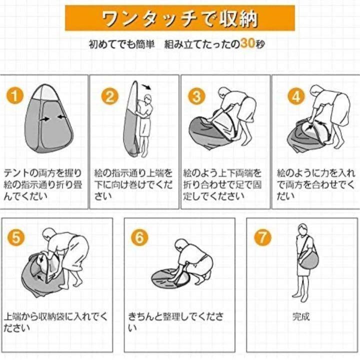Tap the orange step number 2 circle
[x=109, y=96]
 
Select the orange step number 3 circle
[x=197, y=96]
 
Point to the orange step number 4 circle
[x=296, y=96]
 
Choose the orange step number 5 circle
[x=16, y=237]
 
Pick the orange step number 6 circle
[x=139, y=237]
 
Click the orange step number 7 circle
[x=262, y=237]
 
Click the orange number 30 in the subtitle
[x=247, y=43]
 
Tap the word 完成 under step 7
[x=301, y=316]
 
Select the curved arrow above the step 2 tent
[x=146, y=87]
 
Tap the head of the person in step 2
[x=148, y=99]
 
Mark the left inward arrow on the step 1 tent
[x=44, y=119]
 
